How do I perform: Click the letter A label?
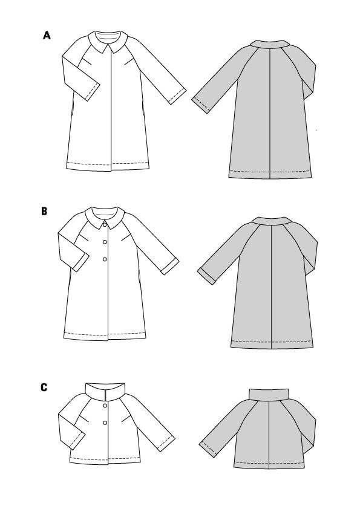[x=47, y=35]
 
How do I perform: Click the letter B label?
[x=44, y=212]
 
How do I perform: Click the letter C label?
[x=44, y=387]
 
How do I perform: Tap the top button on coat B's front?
[x=105, y=224]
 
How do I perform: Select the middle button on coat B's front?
[x=105, y=242]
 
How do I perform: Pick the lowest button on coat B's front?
[x=105, y=259]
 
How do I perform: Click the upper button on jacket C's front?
[x=105, y=406]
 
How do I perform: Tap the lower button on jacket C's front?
[x=105, y=423]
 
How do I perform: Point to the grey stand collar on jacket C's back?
[x=269, y=394]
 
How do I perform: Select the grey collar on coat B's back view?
[x=271, y=221]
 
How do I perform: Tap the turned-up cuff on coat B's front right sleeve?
[x=170, y=267]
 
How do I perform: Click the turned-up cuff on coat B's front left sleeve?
[x=80, y=263]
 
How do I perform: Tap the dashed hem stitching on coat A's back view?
[x=270, y=172]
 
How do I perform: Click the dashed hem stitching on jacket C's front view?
[x=105, y=458]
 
